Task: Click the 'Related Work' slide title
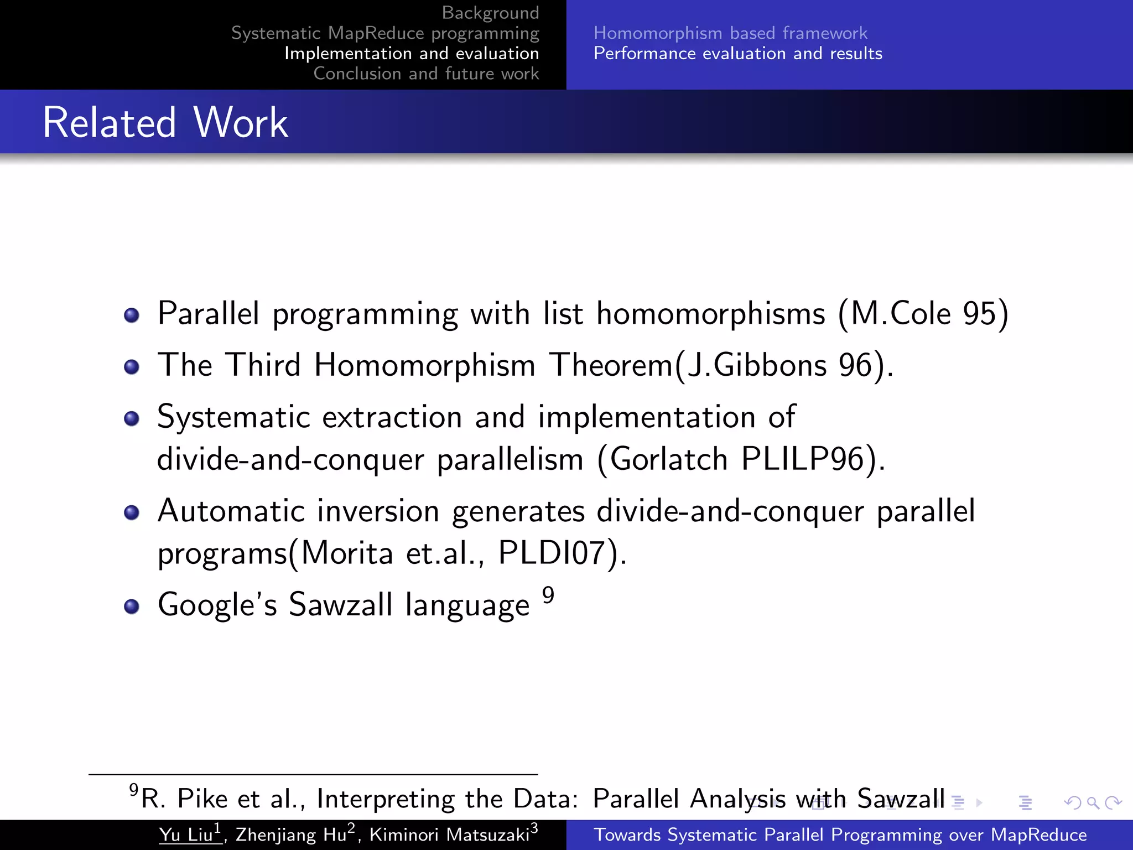coord(165,122)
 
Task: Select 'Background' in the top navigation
coord(490,12)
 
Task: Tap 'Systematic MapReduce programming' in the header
coord(385,33)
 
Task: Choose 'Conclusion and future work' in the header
coord(426,74)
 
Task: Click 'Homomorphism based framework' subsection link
coord(730,33)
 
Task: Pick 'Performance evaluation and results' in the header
coord(738,54)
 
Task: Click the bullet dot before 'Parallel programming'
coord(132,315)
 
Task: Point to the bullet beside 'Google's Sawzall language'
coord(132,607)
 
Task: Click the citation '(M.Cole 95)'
coord(923,314)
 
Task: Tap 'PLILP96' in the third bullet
coord(802,459)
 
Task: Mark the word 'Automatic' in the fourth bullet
coord(231,511)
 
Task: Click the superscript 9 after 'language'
coord(548,595)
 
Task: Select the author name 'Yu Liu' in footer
coord(186,835)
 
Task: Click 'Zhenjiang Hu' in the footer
coord(291,835)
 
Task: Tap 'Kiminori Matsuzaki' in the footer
coord(449,835)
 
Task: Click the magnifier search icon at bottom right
coord(1093,802)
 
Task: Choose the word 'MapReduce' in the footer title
coord(1038,835)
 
